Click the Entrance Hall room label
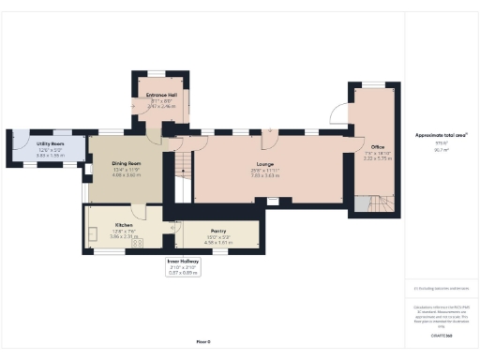tap(162, 96)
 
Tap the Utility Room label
tap(37, 144)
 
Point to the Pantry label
tap(217, 231)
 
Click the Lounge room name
tap(264, 165)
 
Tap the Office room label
tap(378, 147)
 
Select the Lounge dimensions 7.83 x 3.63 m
tap(264, 175)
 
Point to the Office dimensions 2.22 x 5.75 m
tap(378, 158)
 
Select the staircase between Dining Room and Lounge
tap(175, 173)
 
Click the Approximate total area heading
tap(440, 135)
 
